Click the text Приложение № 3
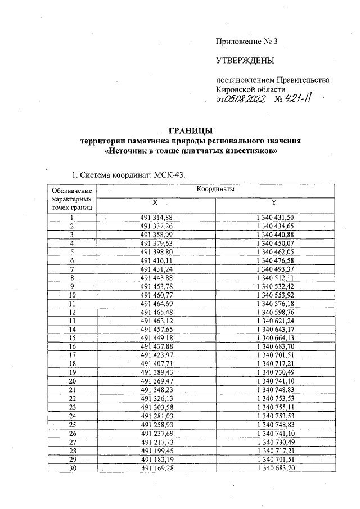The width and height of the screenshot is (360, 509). tap(247, 42)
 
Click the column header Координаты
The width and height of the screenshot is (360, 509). tap(215, 190)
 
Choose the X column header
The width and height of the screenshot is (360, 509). tap(155, 202)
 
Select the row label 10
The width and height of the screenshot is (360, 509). tap(72, 294)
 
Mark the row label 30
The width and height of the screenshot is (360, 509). tap(72, 468)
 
